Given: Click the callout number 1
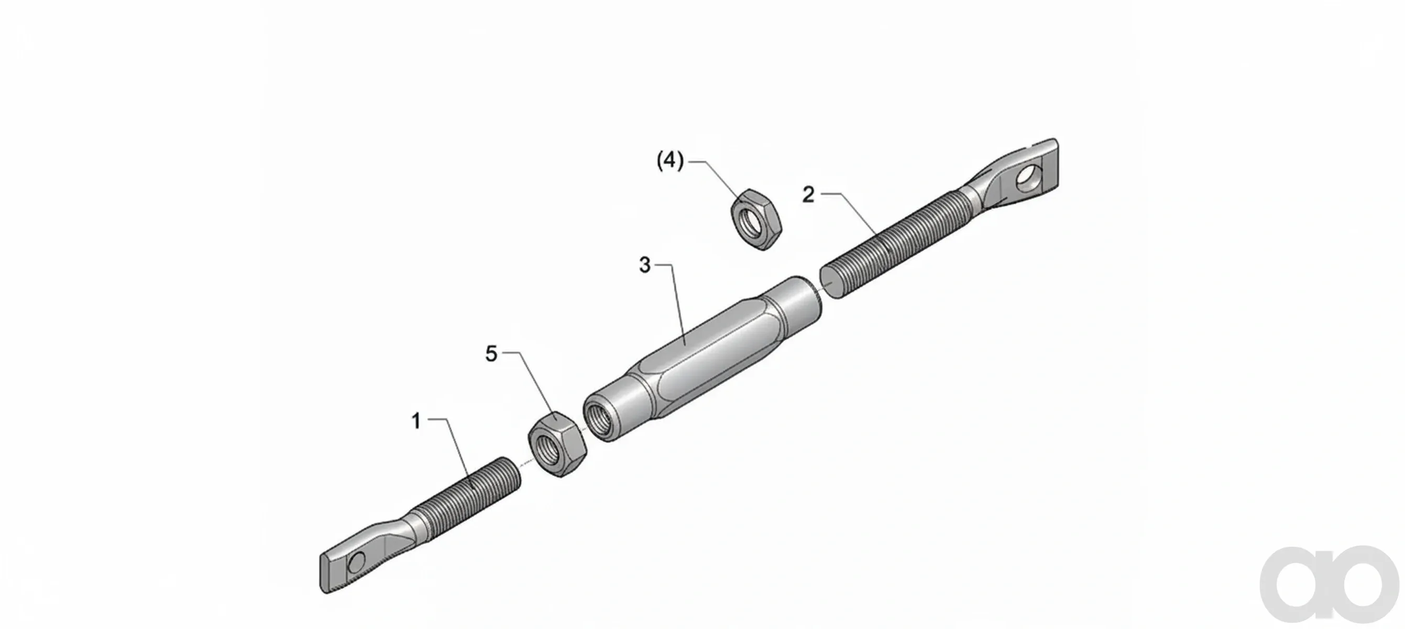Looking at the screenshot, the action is [x=416, y=421].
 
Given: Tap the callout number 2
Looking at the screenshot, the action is [x=808, y=195].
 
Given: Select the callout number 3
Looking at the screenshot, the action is [x=645, y=266].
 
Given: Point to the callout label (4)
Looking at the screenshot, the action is [x=671, y=161].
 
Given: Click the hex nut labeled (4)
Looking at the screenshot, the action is [x=756, y=219].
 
